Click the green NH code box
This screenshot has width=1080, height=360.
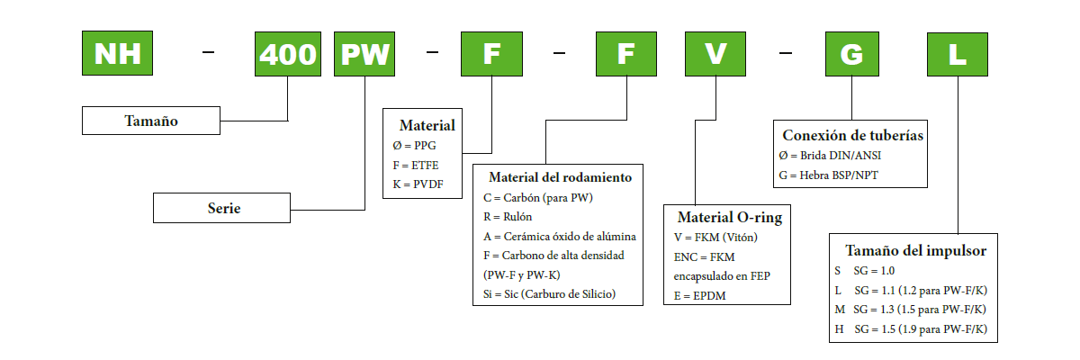[x=117, y=53]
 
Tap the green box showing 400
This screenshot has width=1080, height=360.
[x=288, y=53]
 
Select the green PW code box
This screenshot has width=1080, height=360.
[x=364, y=53]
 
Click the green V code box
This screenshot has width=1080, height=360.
[x=715, y=53]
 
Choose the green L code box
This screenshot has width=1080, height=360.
[x=958, y=53]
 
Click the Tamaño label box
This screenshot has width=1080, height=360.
[x=150, y=121]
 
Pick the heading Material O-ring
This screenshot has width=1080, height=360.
[x=729, y=217]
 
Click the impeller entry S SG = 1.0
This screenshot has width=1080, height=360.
[x=866, y=270]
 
